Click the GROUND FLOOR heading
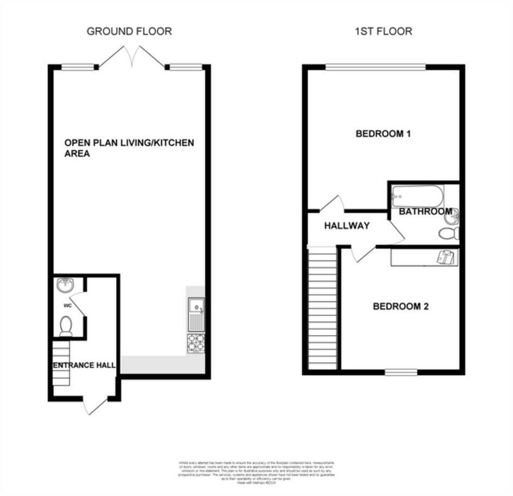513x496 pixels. click(x=129, y=31)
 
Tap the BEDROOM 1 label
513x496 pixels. click(x=383, y=133)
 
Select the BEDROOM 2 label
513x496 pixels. click(x=401, y=306)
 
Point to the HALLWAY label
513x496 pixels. click(x=347, y=226)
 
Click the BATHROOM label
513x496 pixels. click(x=425, y=212)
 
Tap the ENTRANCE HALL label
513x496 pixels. click(x=84, y=365)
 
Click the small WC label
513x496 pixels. click(x=68, y=306)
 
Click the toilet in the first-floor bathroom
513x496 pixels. click(x=449, y=234)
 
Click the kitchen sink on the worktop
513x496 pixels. click(x=196, y=314)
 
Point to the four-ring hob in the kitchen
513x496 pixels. click(x=196, y=343)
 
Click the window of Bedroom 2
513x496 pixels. click(x=401, y=372)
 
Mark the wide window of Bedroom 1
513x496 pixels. click(x=376, y=67)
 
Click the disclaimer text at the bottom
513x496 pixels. click(x=256, y=470)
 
